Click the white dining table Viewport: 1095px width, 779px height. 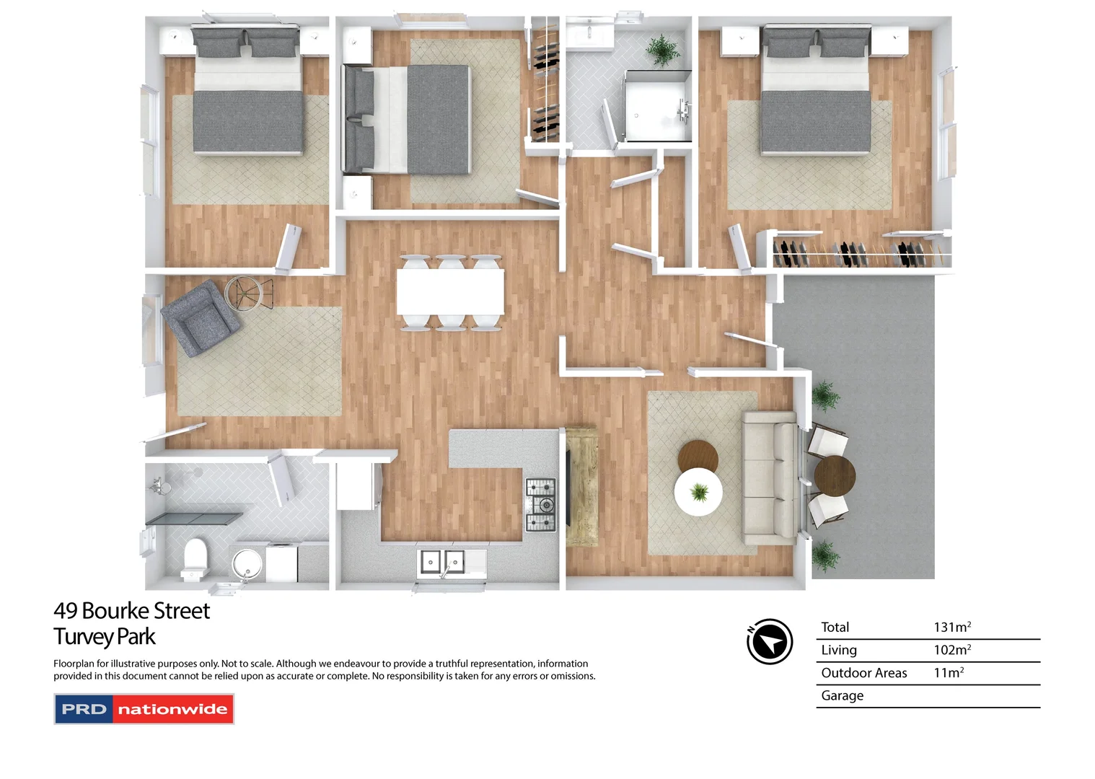pos(450,292)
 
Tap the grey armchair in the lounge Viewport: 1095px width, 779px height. pos(199,317)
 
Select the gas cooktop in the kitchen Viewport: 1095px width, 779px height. pos(540,505)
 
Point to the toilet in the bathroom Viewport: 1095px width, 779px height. pos(195,559)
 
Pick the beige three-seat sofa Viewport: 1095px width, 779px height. pos(770,477)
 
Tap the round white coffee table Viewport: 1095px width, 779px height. pos(698,492)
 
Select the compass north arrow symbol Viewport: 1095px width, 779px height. pos(770,641)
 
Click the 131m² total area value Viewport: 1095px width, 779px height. pos(952,628)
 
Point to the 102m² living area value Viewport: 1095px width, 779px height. pos(952,650)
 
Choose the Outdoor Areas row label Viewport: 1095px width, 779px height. pos(863,673)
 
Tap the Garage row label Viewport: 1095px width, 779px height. pos(842,696)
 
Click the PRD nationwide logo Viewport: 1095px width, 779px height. pos(144,709)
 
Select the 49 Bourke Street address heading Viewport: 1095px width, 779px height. pos(131,611)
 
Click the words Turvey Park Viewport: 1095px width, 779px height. pos(105,637)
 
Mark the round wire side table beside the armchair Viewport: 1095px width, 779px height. pos(247,294)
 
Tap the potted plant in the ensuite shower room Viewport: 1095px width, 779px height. pos(662,50)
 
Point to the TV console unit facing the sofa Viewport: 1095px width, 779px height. pos(581,487)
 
